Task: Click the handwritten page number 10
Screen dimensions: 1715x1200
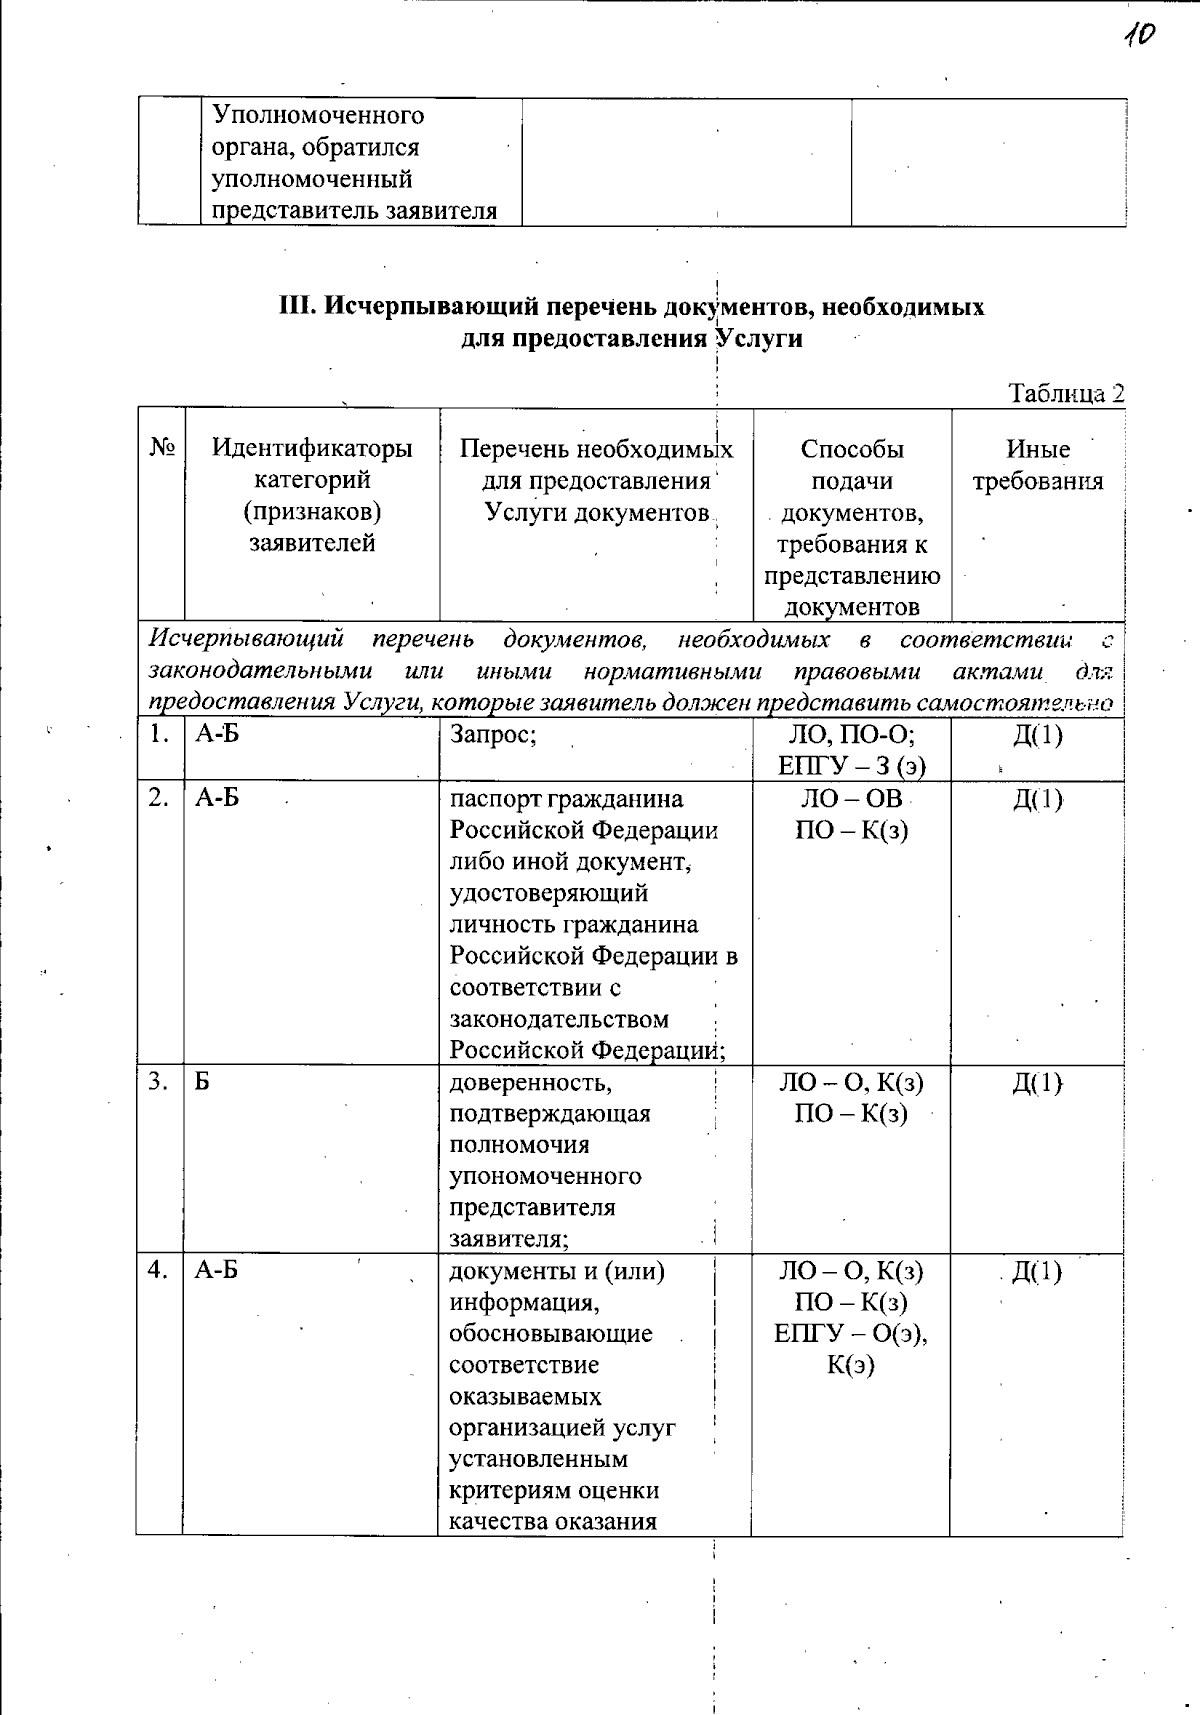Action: pyautogui.click(x=1138, y=35)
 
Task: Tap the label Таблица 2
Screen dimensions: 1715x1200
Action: pyautogui.click(x=1066, y=393)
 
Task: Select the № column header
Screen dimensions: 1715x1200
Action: pyautogui.click(x=162, y=448)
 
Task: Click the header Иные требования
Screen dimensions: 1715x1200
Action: pyautogui.click(x=1038, y=465)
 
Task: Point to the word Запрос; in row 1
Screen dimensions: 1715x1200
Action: pyautogui.click(x=494, y=735)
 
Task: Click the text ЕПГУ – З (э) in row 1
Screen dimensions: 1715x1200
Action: pyautogui.click(x=852, y=766)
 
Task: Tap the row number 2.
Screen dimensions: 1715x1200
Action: pyautogui.click(x=158, y=797)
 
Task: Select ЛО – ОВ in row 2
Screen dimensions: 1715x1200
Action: pyautogui.click(x=852, y=798)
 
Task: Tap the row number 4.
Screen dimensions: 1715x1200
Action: pyautogui.click(x=158, y=1270)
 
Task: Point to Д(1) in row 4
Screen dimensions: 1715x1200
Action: pyautogui.click(x=1037, y=1271)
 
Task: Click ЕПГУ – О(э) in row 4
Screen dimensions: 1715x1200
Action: pyautogui.click(x=850, y=1333)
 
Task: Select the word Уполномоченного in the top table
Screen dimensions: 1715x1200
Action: pyautogui.click(x=318, y=115)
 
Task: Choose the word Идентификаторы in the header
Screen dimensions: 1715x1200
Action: pyautogui.click(x=312, y=448)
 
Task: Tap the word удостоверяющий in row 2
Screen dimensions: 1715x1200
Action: pyautogui.click(x=548, y=893)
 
